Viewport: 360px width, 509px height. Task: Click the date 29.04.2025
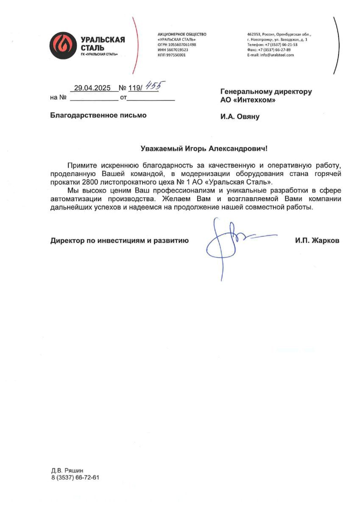pyautogui.click(x=92, y=88)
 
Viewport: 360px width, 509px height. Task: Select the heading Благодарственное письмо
pyautogui.click(x=98, y=115)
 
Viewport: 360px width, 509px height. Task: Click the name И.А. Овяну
pyautogui.click(x=240, y=117)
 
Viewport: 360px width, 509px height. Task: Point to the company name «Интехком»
pyautogui.click(x=254, y=100)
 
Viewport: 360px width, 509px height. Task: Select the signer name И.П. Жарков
pyautogui.click(x=317, y=241)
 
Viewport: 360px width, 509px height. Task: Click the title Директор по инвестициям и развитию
pyautogui.click(x=119, y=241)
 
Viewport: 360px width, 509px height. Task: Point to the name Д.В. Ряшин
pyautogui.click(x=67, y=470)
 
